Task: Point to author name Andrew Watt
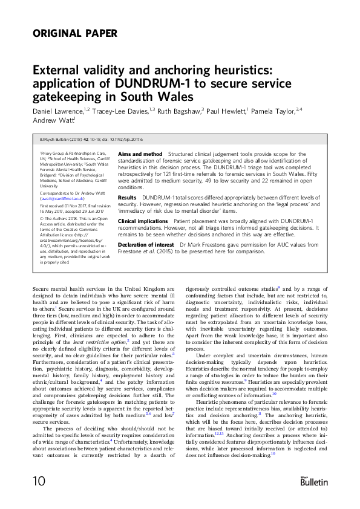coord(50,120)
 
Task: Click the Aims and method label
coord(140,155)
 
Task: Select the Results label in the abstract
coord(127,197)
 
